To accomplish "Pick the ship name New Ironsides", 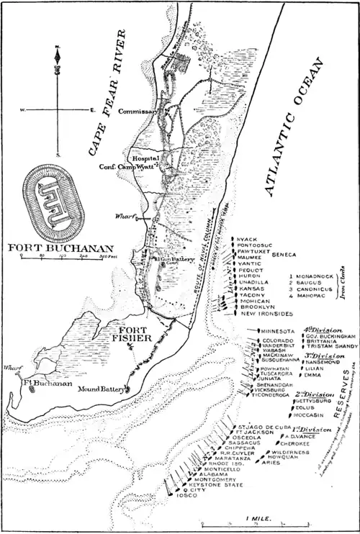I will coord(267,314).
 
